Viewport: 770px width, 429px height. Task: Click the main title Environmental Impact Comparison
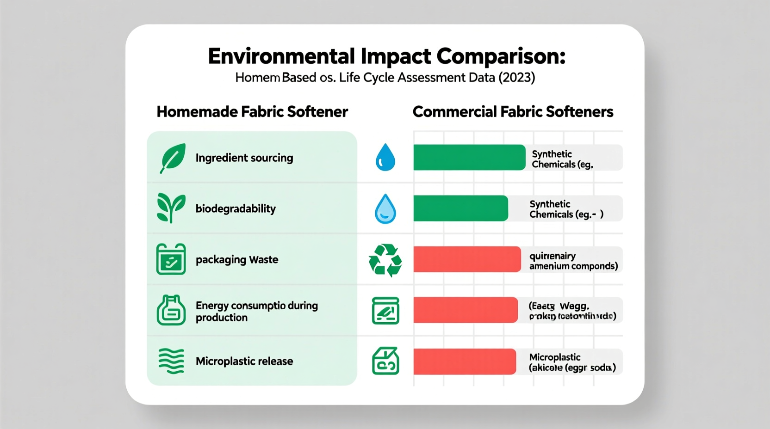coord(386,56)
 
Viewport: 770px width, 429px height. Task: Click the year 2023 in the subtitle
coord(516,77)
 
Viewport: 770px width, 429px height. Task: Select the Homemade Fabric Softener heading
coord(252,112)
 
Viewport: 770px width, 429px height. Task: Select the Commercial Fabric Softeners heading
coord(513,112)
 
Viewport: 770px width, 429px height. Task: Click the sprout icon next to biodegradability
coord(171,208)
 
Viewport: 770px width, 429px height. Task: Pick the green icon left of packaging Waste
coord(171,259)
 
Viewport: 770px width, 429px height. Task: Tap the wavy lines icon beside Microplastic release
coord(171,361)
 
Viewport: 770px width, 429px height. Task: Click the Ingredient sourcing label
coord(244,158)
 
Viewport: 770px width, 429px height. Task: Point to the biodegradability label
coord(236,208)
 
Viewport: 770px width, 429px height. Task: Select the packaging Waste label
coord(237,259)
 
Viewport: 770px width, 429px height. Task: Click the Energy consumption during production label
coord(256,311)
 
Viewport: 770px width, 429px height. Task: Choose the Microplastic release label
coord(244,361)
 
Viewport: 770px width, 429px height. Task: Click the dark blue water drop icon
coord(385,157)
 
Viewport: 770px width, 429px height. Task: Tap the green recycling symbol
coord(385,260)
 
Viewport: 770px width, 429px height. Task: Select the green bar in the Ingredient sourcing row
coord(469,157)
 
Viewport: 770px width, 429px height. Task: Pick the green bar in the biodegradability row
coord(460,208)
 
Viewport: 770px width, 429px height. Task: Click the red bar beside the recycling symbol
coord(467,259)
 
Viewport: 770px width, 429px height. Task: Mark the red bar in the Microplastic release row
coord(464,362)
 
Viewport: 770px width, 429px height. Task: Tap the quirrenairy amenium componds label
coord(573,261)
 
